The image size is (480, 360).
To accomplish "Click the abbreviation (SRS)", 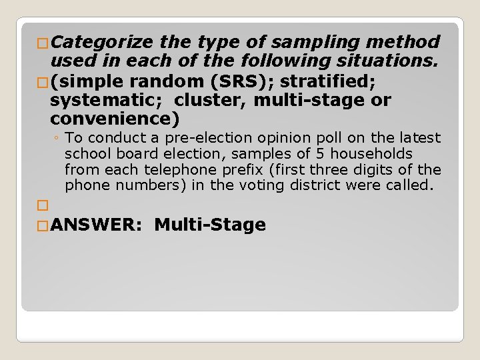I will [250, 83].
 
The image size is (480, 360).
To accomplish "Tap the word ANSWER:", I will [95, 225].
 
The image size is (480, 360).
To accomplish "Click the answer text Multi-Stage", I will [210, 225].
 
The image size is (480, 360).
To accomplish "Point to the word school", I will [85, 154].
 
